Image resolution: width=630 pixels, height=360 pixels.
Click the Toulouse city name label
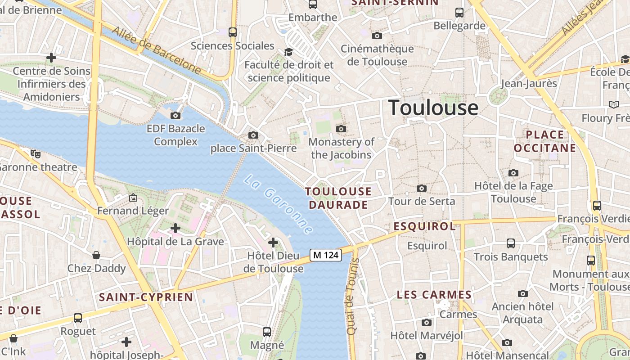(x=433, y=108)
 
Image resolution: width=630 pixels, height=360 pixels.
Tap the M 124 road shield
(x=326, y=255)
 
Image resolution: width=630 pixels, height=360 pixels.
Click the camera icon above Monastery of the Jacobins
(x=341, y=129)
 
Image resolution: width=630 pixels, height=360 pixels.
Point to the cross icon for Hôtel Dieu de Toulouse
(x=273, y=243)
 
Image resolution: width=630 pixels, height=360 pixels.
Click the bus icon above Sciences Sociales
(x=233, y=32)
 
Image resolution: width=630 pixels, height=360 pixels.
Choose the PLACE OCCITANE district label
(x=544, y=141)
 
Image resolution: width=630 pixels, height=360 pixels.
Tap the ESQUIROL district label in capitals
(x=425, y=226)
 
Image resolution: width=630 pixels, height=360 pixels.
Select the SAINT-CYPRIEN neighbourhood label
(x=146, y=297)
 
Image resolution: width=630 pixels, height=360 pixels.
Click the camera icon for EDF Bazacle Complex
(x=175, y=116)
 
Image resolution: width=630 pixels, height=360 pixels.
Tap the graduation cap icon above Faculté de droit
(x=288, y=52)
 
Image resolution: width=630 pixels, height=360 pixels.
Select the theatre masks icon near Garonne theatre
(x=36, y=154)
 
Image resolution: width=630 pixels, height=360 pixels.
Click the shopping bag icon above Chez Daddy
(x=96, y=256)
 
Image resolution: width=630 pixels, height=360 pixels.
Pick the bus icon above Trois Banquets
(x=511, y=243)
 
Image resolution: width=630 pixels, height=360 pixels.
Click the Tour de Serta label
(x=422, y=201)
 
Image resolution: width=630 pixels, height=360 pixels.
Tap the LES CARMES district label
(x=434, y=295)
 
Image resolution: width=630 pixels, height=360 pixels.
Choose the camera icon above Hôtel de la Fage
(x=513, y=173)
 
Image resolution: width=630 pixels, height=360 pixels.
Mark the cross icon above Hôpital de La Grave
(x=175, y=229)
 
